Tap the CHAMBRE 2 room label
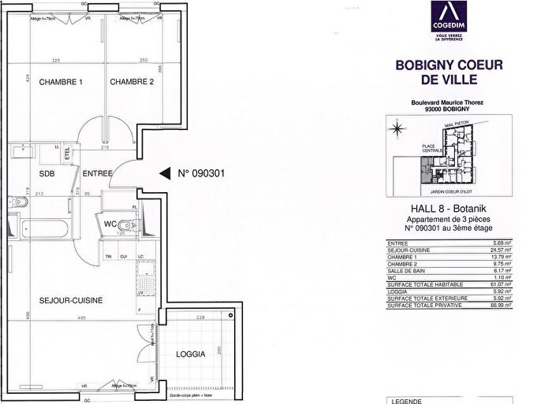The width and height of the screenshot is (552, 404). (x=131, y=83)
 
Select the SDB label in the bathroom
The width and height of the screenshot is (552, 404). (x=47, y=174)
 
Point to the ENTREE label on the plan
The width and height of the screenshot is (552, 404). (x=97, y=174)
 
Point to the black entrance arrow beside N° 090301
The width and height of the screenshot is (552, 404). (x=165, y=173)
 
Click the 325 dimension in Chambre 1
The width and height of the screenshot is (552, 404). (x=56, y=61)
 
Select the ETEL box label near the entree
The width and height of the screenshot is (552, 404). (x=68, y=152)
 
